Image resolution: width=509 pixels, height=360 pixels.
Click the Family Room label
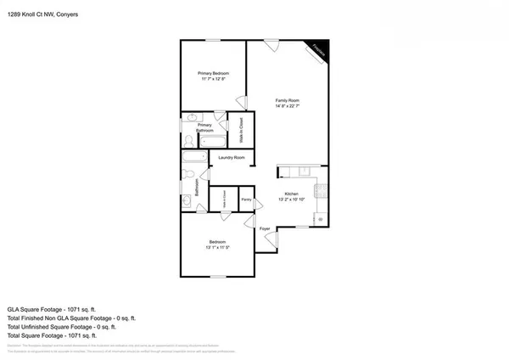(x=288, y=100)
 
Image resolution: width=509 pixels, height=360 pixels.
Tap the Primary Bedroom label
(x=215, y=74)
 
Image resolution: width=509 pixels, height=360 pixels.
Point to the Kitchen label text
(x=291, y=194)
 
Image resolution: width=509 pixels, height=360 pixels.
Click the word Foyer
(x=265, y=228)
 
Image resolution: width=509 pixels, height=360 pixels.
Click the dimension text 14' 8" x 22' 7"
(x=288, y=106)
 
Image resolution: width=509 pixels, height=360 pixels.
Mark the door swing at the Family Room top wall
(x=271, y=47)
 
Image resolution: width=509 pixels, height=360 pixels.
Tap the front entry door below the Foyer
(x=271, y=240)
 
